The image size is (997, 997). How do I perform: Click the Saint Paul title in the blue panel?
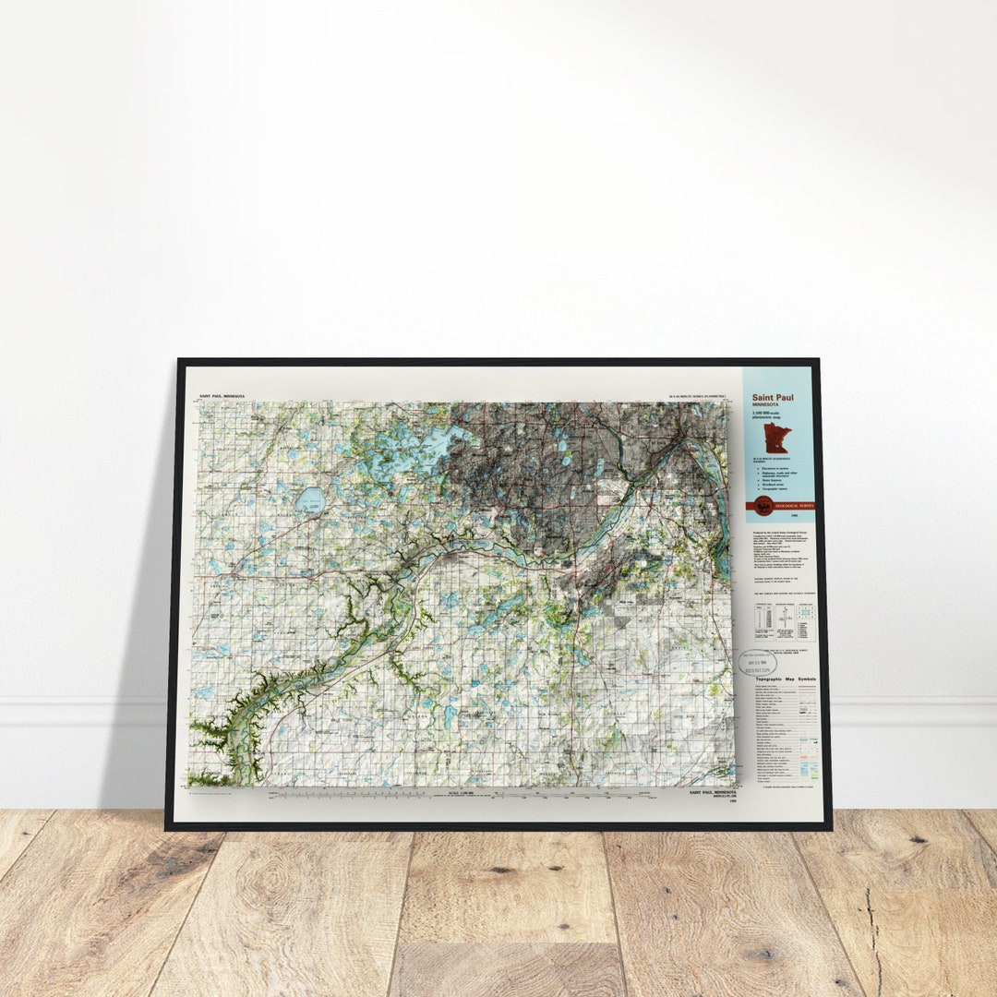(772, 398)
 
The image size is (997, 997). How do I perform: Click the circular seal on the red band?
(763, 505)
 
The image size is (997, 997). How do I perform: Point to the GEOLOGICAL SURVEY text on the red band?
(795, 506)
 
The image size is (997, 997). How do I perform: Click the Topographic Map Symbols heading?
(781, 679)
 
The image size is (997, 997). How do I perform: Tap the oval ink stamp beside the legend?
(757, 661)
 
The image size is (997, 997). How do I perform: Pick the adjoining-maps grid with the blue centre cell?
(804, 621)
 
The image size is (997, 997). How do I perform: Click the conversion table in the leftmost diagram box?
(763, 621)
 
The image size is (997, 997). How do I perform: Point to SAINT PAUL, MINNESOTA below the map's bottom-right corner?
(714, 791)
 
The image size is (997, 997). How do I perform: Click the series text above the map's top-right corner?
(697, 397)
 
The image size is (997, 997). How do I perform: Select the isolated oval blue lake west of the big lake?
(310, 501)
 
